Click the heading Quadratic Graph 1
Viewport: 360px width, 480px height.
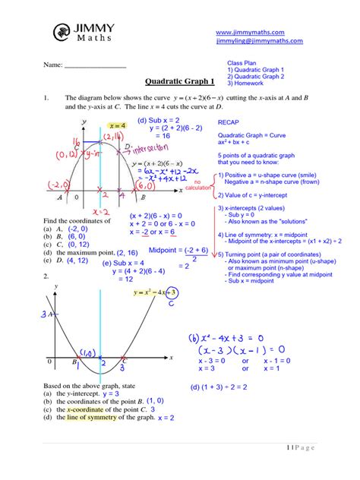pyautogui.click(x=179, y=81)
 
